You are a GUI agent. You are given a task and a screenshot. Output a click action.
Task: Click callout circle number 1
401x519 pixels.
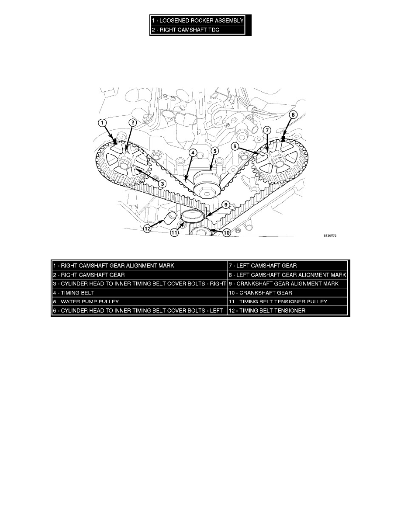[x=103, y=123]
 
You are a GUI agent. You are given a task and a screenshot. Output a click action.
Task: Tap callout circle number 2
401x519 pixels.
[x=132, y=123]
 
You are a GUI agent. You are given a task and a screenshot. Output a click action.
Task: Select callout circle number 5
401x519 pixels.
[x=215, y=151]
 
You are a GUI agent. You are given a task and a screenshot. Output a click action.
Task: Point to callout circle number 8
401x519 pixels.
[x=293, y=115]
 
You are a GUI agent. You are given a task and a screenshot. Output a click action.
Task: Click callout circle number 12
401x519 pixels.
[x=147, y=228]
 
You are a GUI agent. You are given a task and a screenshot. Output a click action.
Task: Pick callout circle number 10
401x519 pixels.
[x=226, y=233]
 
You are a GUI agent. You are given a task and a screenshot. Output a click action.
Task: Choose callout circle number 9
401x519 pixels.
[x=225, y=205]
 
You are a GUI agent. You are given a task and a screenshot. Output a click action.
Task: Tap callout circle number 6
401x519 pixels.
[x=235, y=146]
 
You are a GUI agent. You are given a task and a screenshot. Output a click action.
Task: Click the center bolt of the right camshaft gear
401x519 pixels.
[x=125, y=163]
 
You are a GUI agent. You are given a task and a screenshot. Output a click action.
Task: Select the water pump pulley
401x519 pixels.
[x=205, y=183]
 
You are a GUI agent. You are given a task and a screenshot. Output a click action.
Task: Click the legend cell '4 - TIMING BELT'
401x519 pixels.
[x=140, y=293]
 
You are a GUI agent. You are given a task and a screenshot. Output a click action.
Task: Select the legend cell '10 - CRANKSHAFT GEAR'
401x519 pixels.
[x=288, y=293]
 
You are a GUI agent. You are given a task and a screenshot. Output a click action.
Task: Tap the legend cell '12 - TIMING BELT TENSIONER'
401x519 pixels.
[x=288, y=311]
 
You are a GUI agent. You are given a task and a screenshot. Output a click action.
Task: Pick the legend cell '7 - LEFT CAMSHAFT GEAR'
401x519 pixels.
[x=288, y=266]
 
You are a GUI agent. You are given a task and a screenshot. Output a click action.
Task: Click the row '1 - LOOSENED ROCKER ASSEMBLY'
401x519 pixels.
[x=197, y=21]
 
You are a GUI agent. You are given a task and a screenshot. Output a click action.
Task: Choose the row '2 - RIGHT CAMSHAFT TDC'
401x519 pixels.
[x=197, y=30]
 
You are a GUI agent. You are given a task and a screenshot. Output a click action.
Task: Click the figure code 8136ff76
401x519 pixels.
[x=330, y=235]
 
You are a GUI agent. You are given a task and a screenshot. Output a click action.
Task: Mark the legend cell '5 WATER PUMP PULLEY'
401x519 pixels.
[x=140, y=301]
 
